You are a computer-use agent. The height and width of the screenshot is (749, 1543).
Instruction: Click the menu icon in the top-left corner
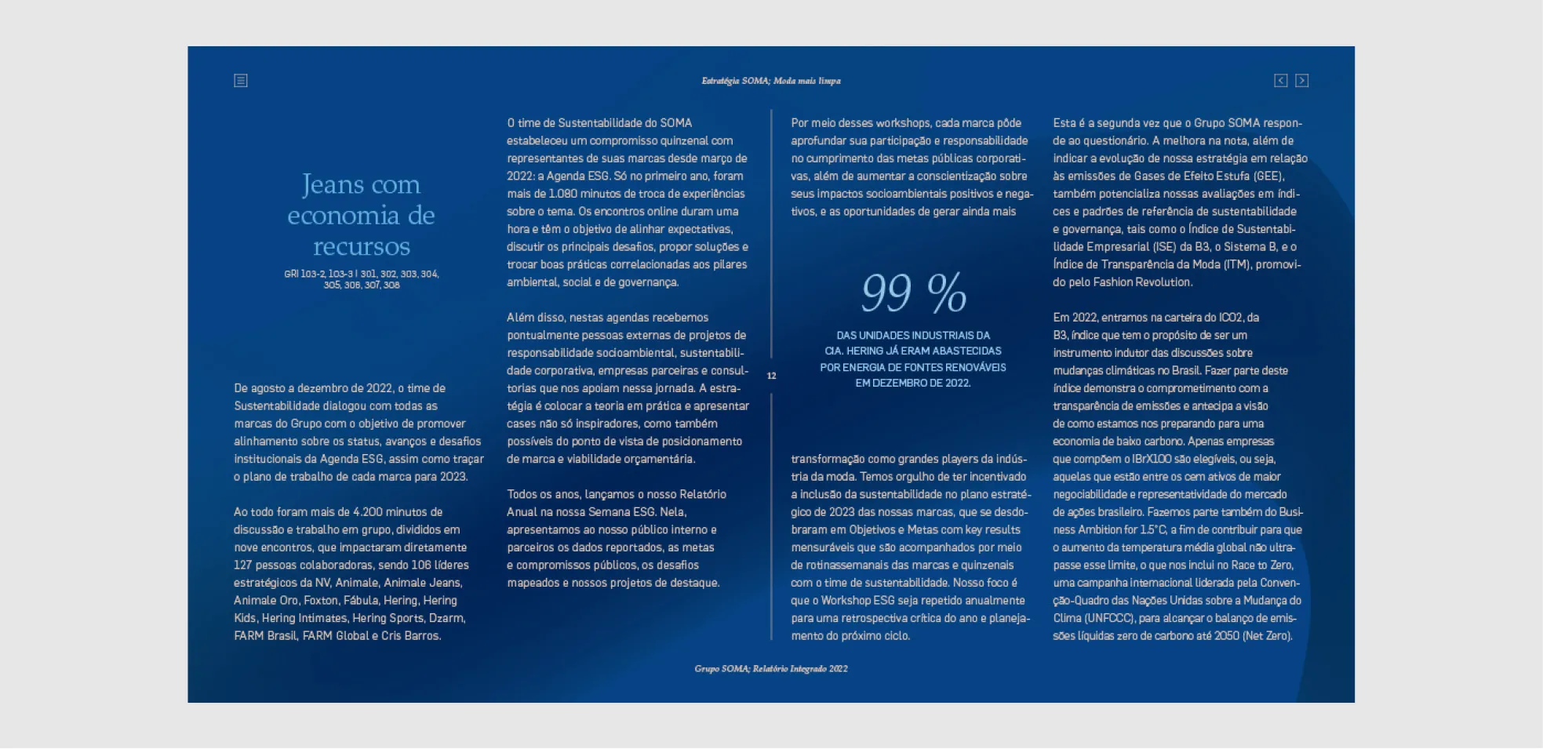(x=241, y=81)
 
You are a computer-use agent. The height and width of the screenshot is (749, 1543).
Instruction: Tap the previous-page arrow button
(x=1280, y=81)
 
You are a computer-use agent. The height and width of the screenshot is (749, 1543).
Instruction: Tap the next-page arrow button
(x=1301, y=81)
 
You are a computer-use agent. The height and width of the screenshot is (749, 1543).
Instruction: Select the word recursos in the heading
(x=361, y=246)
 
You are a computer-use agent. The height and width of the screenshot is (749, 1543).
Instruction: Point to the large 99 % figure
(x=913, y=293)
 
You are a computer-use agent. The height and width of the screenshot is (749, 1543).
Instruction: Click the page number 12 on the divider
(x=771, y=376)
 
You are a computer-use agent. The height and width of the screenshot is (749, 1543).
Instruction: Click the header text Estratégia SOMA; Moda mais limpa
(x=770, y=81)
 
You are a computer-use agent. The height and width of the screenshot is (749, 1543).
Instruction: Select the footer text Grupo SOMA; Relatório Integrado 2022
(x=770, y=669)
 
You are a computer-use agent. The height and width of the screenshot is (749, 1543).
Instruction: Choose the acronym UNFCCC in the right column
(x=1108, y=619)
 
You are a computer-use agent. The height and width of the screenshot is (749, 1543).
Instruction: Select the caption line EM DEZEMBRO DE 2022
(x=912, y=384)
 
